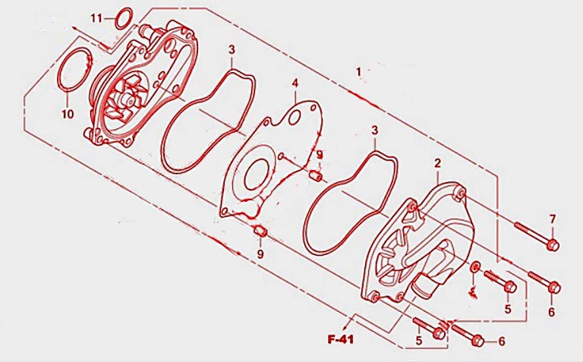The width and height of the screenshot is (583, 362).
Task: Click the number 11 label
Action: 96,18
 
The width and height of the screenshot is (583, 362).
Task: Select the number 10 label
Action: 68,114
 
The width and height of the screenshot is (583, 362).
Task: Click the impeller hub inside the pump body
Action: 128,99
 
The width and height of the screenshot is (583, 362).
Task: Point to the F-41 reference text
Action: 341,339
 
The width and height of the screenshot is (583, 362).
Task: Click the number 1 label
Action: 358,71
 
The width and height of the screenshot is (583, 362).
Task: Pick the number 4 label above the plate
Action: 295,83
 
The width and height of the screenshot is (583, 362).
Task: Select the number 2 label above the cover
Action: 437,163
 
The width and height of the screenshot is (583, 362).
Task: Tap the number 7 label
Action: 553,219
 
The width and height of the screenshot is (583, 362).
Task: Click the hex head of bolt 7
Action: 553,245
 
